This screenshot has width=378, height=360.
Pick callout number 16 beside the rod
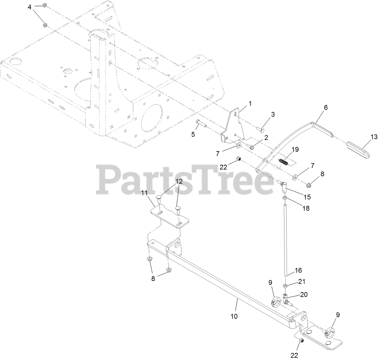(298, 270)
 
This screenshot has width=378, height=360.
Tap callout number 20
(304, 295)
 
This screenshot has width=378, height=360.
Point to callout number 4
(29, 7)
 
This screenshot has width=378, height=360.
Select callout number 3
(273, 114)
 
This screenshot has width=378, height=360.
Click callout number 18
(306, 208)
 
